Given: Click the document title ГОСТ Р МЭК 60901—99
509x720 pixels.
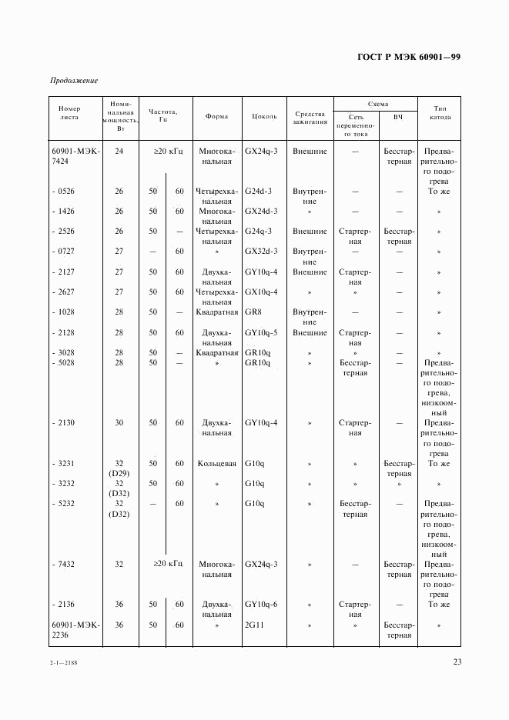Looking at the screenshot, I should [x=409, y=57].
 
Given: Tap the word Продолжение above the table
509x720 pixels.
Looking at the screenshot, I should [x=74, y=81].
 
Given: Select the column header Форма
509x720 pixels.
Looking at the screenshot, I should [x=216, y=117].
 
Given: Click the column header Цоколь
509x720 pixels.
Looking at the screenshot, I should [x=264, y=117].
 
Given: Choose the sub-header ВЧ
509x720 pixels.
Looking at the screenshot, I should [x=398, y=117].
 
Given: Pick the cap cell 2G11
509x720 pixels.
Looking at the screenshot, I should [x=255, y=625].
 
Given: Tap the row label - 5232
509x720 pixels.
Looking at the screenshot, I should [x=65, y=504].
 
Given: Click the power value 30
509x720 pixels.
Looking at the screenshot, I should [x=119, y=423].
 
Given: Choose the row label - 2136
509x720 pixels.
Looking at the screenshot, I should [x=65, y=605].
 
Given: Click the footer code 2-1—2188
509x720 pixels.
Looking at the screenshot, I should [x=64, y=662].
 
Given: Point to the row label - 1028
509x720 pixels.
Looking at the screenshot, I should [x=65, y=312].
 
